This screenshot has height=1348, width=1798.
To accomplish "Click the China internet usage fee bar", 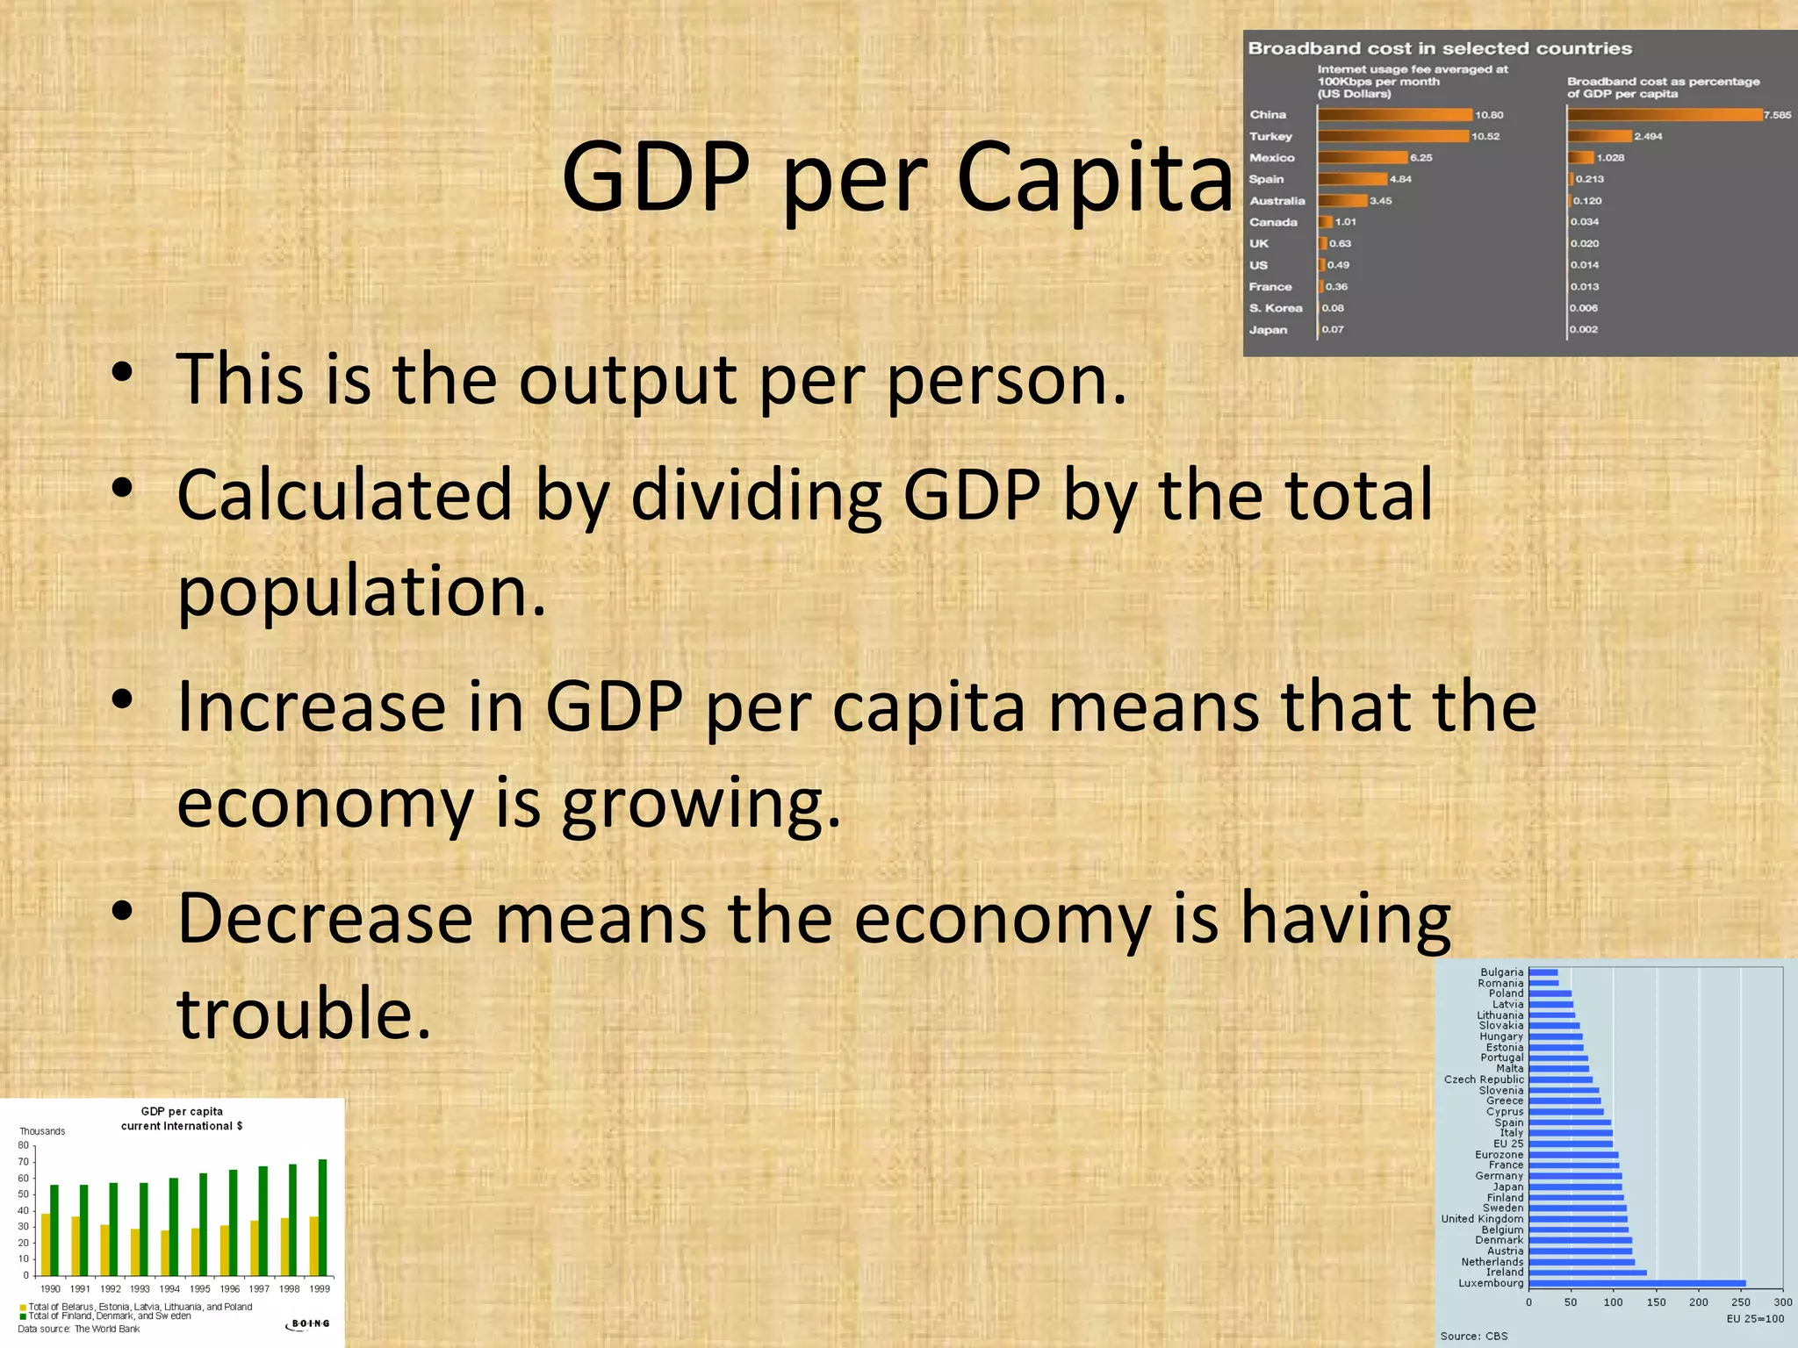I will (x=1394, y=115).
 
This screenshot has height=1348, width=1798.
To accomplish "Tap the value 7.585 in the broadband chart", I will (x=1777, y=115).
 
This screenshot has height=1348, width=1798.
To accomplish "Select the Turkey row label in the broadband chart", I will (x=1270, y=136).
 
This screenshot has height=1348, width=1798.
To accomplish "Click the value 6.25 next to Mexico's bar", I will (x=1420, y=158).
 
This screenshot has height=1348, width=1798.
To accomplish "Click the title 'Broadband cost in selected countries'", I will (x=1440, y=48).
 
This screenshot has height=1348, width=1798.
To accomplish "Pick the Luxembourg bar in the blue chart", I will (x=1636, y=1283).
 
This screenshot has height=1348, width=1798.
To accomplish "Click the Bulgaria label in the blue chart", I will (x=1501, y=972).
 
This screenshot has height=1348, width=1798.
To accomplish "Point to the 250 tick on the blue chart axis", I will (x=1740, y=1302).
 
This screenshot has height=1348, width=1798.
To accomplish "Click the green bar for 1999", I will (x=322, y=1217).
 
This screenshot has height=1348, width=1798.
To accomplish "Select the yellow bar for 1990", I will (x=46, y=1244).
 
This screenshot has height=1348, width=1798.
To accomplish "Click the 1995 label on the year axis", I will (x=200, y=1289).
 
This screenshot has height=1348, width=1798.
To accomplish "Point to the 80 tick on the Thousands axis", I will (x=24, y=1145).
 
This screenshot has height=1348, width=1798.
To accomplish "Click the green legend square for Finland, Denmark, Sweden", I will (x=23, y=1316).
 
